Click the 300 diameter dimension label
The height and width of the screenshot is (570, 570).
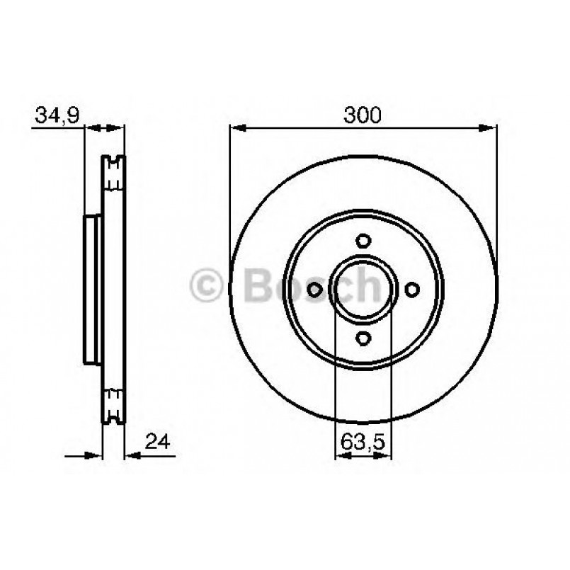click(363, 115)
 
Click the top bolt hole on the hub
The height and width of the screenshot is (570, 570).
click(363, 239)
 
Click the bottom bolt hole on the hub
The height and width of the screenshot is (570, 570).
click(363, 338)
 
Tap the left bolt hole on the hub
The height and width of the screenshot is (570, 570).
click(313, 289)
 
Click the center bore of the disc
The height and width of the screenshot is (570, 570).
click(363, 289)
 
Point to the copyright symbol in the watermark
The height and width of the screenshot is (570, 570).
click(207, 286)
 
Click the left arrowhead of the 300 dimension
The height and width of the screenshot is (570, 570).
click(236, 128)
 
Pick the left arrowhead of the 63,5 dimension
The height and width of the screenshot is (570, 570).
click(340, 457)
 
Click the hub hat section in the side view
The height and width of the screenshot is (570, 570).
click(93, 289)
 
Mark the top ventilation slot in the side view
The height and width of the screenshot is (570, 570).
click(113, 173)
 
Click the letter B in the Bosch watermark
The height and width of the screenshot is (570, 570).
click(259, 286)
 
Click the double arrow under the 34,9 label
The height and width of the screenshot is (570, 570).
click(105, 128)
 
